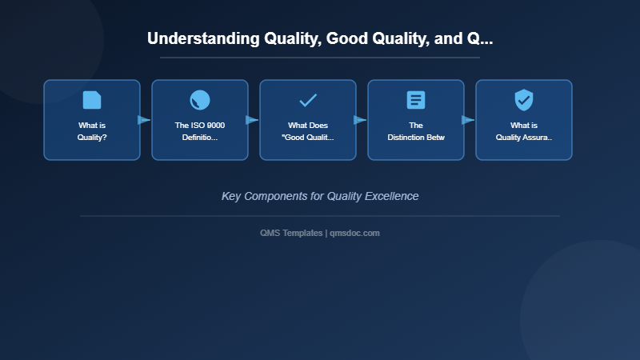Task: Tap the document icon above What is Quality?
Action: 92,100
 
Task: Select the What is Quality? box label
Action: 92,131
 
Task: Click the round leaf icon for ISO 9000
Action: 200,100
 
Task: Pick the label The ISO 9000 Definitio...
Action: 200,131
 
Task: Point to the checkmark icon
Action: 308,100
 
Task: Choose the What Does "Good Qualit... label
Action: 308,131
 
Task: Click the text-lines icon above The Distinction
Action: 416,100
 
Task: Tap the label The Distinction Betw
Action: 416,131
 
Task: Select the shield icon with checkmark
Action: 524,100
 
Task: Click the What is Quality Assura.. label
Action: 524,131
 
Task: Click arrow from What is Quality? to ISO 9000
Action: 145,120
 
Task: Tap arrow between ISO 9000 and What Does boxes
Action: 253,120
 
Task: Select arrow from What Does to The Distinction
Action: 361,120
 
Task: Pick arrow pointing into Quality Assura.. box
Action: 469,120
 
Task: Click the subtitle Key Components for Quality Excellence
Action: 320,196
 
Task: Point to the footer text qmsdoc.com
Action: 354,233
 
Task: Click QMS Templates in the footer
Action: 291,233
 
